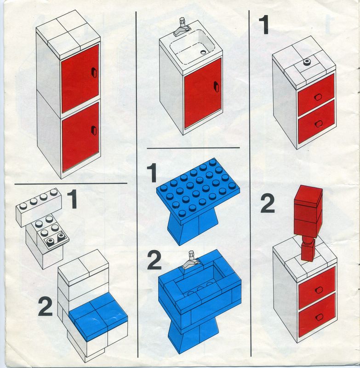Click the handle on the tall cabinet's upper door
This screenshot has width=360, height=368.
click(94, 72)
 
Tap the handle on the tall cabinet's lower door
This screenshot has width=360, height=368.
click(94, 131)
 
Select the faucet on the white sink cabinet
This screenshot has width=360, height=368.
click(182, 27)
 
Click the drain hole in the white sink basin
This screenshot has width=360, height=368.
click(203, 52)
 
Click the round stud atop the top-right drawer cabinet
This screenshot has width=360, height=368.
click(307, 62)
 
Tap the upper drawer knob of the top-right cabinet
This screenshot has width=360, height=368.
click(318, 97)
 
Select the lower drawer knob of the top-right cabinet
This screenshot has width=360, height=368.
click(319, 124)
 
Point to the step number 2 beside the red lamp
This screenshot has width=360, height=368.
click(268, 204)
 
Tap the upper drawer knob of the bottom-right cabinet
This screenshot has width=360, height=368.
click(319, 290)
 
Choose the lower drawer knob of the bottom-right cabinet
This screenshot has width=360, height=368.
click(319, 317)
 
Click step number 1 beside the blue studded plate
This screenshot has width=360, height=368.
click(152, 173)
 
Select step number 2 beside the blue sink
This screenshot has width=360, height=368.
click(154, 260)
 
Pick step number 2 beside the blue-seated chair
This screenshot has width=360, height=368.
click(45, 306)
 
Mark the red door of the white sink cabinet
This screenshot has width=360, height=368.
click(203, 93)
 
